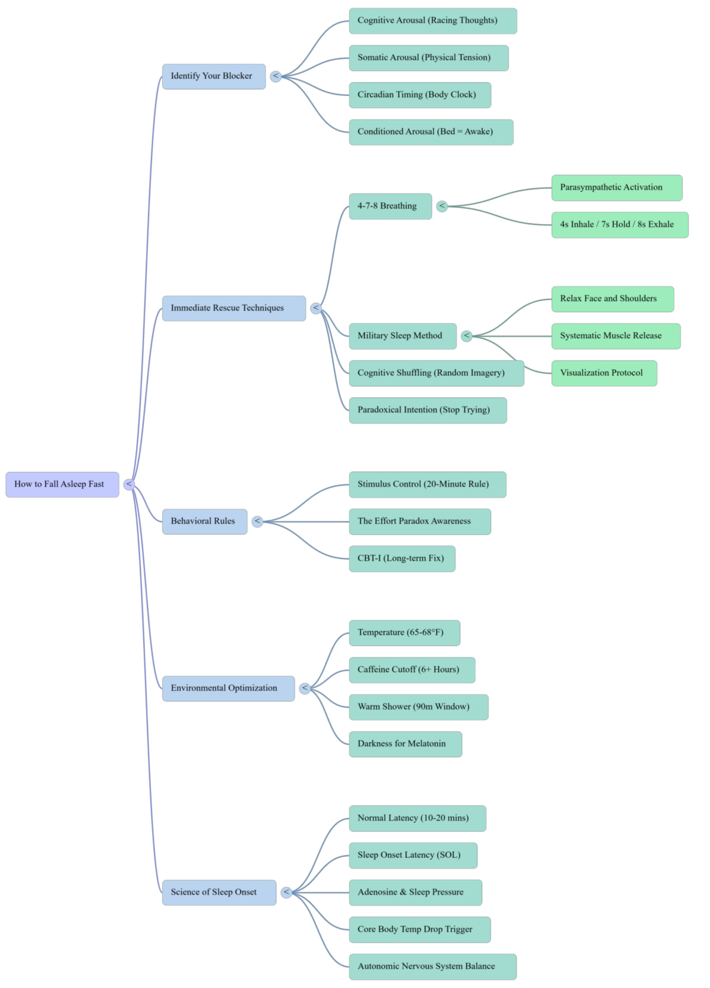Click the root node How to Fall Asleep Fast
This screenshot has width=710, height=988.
click(62, 485)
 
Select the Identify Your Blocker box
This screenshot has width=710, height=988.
click(214, 76)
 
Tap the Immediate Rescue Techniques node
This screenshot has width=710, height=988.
click(234, 308)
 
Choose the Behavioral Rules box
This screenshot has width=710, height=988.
click(205, 521)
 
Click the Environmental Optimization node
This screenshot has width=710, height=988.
click(228, 688)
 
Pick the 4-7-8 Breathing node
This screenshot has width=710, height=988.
click(390, 206)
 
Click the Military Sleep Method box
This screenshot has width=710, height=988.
click(402, 336)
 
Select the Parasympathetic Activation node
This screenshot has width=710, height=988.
click(617, 188)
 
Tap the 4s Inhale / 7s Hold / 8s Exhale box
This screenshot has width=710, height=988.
click(619, 225)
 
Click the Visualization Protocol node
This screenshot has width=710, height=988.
click(604, 373)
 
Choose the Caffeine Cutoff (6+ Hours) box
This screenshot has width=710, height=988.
click(412, 670)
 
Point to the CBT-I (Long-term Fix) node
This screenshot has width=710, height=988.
click(402, 559)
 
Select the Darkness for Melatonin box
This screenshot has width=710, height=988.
click(406, 744)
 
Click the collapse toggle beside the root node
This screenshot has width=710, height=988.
click(129, 485)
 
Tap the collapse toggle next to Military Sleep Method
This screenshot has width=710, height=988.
click(467, 336)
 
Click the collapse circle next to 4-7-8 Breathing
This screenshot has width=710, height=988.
click(442, 206)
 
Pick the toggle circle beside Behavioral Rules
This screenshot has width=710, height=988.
click(257, 521)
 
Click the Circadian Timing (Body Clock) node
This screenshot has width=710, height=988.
click(420, 95)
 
